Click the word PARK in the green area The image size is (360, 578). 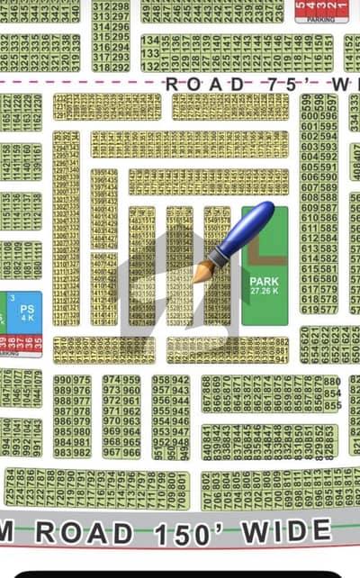pos(264,281)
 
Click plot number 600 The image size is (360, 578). pos(307,104)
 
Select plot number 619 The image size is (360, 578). pos(307,310)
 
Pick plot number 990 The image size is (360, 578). pos(61,380)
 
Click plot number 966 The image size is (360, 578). pos(131,453)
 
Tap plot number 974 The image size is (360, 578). pos(111,380)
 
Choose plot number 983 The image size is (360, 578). pos(61,453)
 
